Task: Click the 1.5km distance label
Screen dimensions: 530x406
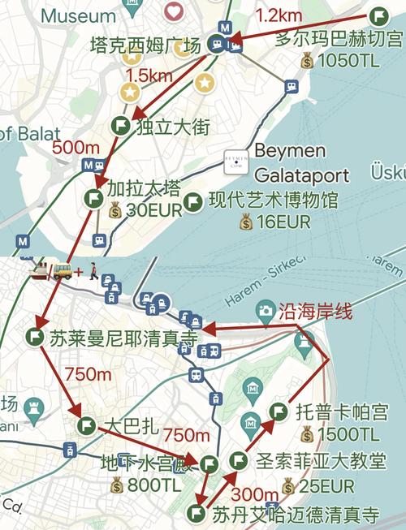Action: coord(149,75)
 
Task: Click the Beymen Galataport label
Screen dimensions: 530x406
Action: coord(300,163)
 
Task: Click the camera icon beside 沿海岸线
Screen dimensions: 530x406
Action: coord(266,310)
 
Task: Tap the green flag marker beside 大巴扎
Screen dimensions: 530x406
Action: coord(86,424)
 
